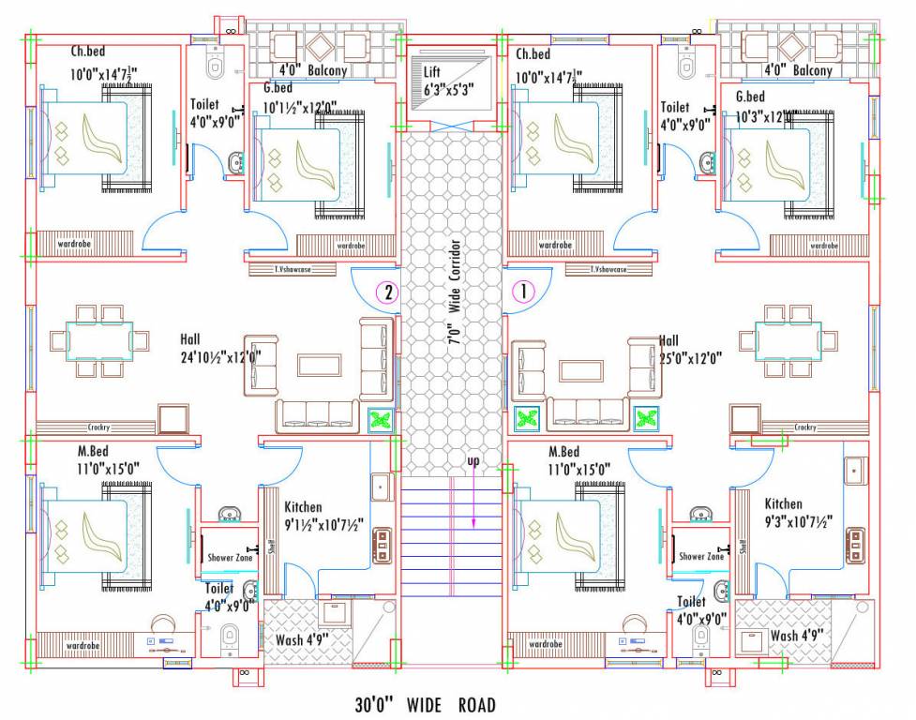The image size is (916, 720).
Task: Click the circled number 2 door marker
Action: click(x=386, y=292)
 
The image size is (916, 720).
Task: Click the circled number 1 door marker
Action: click(x=522, y=292)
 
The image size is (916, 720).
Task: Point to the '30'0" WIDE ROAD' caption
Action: click(x=425, y=704)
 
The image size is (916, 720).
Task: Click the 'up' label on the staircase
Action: click(x=473, y=462)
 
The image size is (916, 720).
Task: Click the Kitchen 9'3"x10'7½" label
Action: click(x=796, y=513)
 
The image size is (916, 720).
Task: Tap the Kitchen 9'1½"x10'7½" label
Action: click(x=323, y=516)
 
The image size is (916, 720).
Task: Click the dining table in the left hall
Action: click(x=98, y=340)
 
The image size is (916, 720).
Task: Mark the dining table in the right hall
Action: click(x=788, y=340)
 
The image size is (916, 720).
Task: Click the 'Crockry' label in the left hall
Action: click(x=100, y=427)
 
